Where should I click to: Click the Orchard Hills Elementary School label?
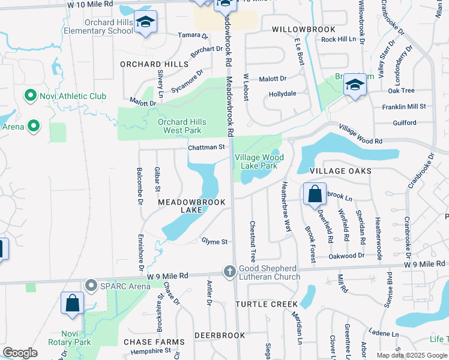[x=100, y=26]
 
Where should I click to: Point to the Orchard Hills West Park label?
[x=182, y=126]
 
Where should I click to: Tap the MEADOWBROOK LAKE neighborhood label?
[x=191, y=206]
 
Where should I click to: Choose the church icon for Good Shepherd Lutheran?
[x=229, y=272]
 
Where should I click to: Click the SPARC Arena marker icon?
[x=91, y=284]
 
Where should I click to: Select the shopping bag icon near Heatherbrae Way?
[x=315, y=194]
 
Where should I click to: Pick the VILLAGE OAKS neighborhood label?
[x=340, y=171]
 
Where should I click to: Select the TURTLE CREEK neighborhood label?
[x=267, y=304]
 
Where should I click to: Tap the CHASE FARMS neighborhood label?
[x=154, y=342]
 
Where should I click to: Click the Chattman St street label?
[x=206, y=147]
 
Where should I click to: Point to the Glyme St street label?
[x=214, y=242]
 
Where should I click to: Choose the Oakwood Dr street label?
[x=346, y=256]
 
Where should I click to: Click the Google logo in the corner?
[x=20, y=353]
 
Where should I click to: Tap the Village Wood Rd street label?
[x=360, y=134]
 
